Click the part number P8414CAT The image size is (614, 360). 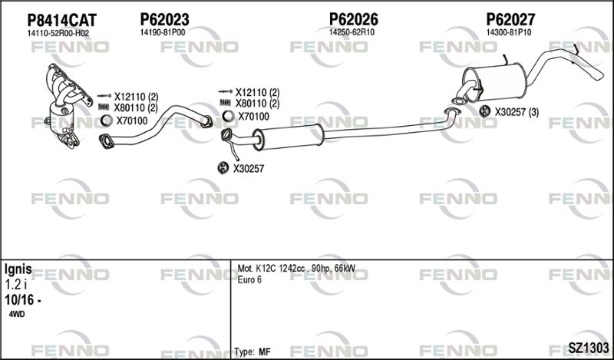[61, 20]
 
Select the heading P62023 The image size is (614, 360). [164, 20]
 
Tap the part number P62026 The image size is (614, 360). [354, 19]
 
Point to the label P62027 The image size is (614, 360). [510, 19]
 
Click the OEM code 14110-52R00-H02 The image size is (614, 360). [58, 34]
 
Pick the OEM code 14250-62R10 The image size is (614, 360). [352, 32]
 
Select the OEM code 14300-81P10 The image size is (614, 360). [509, 32]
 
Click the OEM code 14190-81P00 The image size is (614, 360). [163, 32]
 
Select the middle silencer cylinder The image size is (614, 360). [289, 137]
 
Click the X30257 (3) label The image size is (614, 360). [517, 112]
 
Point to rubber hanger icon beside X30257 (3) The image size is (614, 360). [485, 111]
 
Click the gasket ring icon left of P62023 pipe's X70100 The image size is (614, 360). [107, 121]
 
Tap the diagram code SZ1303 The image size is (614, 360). [589, 348]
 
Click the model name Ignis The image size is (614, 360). [18, 269]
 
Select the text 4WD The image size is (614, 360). [16, 314]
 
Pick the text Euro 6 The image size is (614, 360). [249, 280]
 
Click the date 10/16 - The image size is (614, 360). [23, 300]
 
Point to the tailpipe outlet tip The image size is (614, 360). [599, 74]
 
